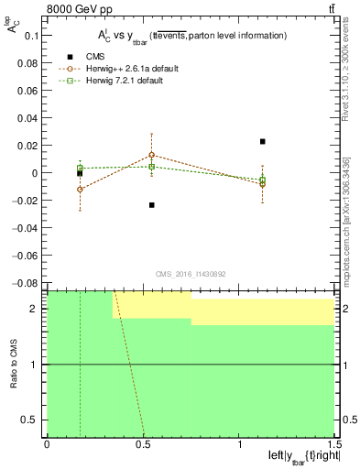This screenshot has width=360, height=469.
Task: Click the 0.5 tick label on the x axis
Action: point(142,444)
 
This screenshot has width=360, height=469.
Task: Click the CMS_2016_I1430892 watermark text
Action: point(190,274)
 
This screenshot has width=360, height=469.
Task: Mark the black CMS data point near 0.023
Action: point(263,141)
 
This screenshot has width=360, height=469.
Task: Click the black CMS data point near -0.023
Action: point(151,204)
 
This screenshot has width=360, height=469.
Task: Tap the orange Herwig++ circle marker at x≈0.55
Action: point(151,155)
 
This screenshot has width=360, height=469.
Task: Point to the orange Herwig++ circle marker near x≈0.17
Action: point(80,190)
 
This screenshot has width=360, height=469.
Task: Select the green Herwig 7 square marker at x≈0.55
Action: point(151,167)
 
